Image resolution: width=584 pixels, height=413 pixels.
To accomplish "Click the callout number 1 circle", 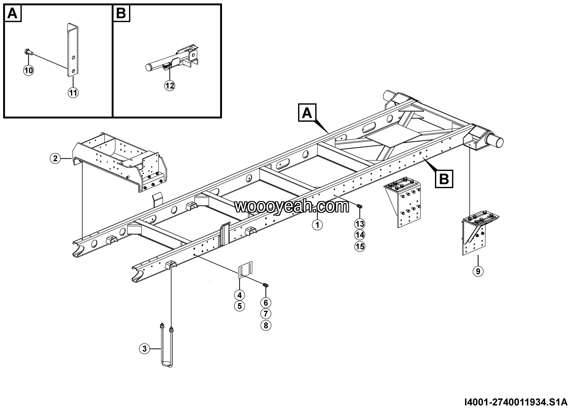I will pyautogui.click(x=317, y=225).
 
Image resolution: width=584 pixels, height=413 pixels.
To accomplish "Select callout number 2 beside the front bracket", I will pyautogui.click(x=55, y=159).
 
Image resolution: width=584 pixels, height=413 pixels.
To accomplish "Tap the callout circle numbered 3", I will pyautogui.click(x=145, y=348).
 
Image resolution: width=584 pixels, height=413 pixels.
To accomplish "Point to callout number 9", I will pyautogui.click(x=478, y=270).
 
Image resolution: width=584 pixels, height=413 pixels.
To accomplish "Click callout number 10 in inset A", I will pyautogui.click(x=29, y=70).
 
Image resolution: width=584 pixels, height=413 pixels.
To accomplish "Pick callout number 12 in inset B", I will pyautogui.click(x=169, y=86).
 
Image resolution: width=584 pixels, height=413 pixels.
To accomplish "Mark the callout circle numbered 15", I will pyautogui.click(x=360, y=247).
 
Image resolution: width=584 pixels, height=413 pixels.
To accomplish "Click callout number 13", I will pyautogui.click(x=360, y=224).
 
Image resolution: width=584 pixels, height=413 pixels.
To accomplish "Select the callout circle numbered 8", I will pyautogui.click(x=266, y=325).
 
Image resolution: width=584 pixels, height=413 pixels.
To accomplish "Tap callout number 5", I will pyautogui.click(x=240, y=306).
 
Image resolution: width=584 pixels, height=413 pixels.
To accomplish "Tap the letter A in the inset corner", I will pyautogui.click(x=13, y=14).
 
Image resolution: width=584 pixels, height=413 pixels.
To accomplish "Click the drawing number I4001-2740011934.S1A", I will pyautogui.click(x=515, y=402).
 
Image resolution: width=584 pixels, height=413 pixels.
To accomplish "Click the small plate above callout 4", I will pyautogui.click(x=246, y=270).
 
